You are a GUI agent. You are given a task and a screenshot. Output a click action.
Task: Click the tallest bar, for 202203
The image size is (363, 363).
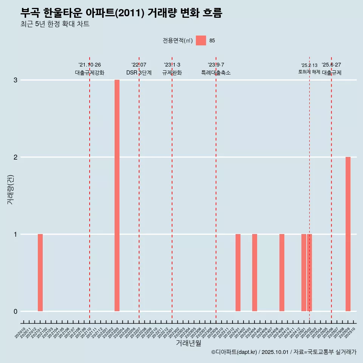tap(117, 195)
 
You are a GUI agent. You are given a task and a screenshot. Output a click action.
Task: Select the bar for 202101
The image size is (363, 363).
tap(40, 273)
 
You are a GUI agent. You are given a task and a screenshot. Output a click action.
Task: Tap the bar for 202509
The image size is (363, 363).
tap(348, 234)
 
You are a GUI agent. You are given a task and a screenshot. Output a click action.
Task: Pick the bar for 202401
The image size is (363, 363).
tap(238, 273)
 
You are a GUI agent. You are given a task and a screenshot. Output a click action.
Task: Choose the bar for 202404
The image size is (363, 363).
tap(254, 273)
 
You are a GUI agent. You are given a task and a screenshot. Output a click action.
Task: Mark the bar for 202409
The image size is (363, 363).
tap(282, 273)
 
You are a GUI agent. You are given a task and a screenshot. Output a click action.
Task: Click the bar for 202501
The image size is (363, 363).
tap(304, 273)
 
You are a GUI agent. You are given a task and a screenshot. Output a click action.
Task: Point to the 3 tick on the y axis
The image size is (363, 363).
tap(16, 80)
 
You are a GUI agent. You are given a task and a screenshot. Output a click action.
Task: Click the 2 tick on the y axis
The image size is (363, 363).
tap(16, 157)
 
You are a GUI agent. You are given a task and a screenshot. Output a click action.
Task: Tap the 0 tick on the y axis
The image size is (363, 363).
tap(16, 312)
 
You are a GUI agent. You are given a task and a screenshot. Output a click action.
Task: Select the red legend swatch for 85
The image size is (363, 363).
tap(201, 40)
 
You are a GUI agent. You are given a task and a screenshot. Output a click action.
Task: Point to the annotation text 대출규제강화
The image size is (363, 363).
tap(90, 73)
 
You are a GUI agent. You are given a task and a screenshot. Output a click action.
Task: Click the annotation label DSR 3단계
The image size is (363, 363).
tap(139, 73)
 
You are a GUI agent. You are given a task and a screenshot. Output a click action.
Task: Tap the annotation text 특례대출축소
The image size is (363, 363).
tap(216, 73)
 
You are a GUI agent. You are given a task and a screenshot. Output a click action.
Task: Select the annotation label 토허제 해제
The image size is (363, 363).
tap(309, 72)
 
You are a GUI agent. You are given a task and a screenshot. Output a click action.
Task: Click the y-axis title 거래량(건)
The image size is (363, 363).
tap(11, 189)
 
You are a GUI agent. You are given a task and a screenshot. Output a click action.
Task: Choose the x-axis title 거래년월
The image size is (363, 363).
tap(189, 343)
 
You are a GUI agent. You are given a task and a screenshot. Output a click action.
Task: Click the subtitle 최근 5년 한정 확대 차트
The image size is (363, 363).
tap(55, 24)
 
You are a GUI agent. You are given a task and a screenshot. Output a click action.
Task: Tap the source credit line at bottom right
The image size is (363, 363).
tap(284, 352)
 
